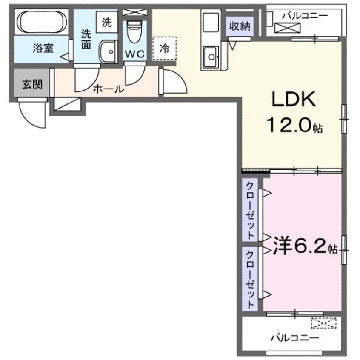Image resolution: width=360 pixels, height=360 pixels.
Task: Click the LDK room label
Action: pos(293,100)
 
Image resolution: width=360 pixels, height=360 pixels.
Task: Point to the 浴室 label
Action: pos(43,48)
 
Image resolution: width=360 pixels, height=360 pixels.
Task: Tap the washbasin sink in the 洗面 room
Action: pos(109,53)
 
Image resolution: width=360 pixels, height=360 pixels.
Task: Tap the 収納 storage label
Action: pos(240,26)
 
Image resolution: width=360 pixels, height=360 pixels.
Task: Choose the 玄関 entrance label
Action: pos(31,84)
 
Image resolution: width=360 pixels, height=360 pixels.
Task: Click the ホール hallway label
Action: pos(108,89)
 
